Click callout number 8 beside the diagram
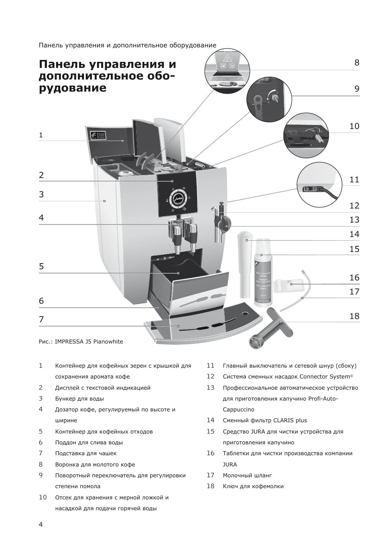(357, 63)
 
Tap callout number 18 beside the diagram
(354, 316)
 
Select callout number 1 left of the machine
(41, 135)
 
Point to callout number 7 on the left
(41, 320)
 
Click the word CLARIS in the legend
(283, 420)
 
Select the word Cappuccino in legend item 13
(238, 409)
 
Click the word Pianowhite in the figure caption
(108, 342)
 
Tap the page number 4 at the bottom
(41, 524)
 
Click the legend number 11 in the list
(210, 366)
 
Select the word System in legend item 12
(340, 376)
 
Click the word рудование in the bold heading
(72, 88)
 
